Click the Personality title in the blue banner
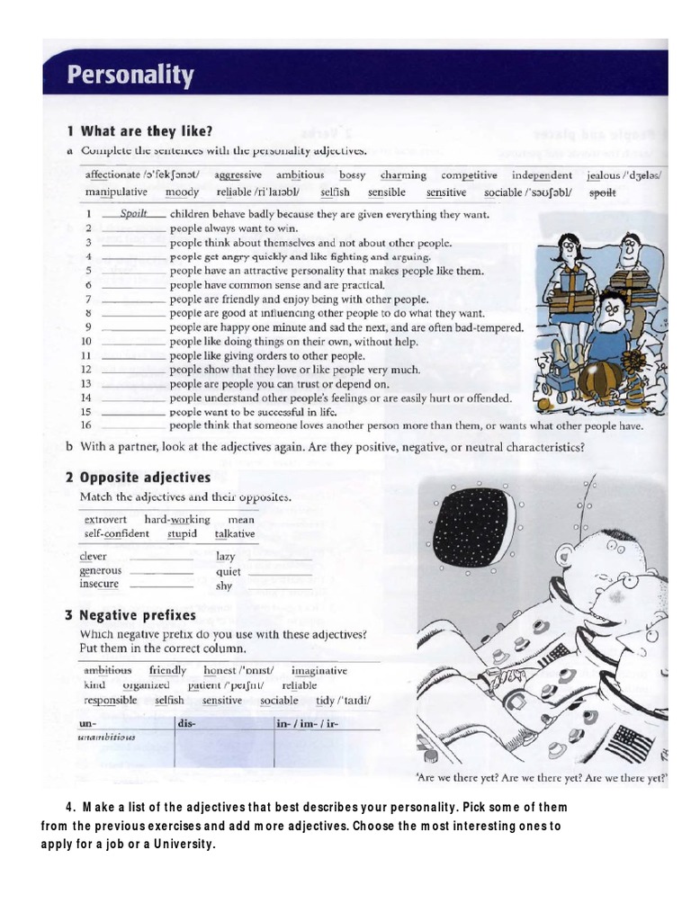(x=131, y=76)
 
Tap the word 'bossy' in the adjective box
(x=345, y=175)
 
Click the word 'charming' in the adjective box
(x=403, y=175)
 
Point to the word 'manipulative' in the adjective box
(x=116, y=192)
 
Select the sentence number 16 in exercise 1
(x=87, y=426)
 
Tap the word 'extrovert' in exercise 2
(x=104, y=520)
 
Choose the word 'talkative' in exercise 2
(x=235, y=534)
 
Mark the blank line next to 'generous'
(x=162, y=573)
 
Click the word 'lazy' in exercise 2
(x=225, y=558)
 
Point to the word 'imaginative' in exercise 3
(x=319, y=671)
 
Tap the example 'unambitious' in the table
(x=108, y=738)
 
